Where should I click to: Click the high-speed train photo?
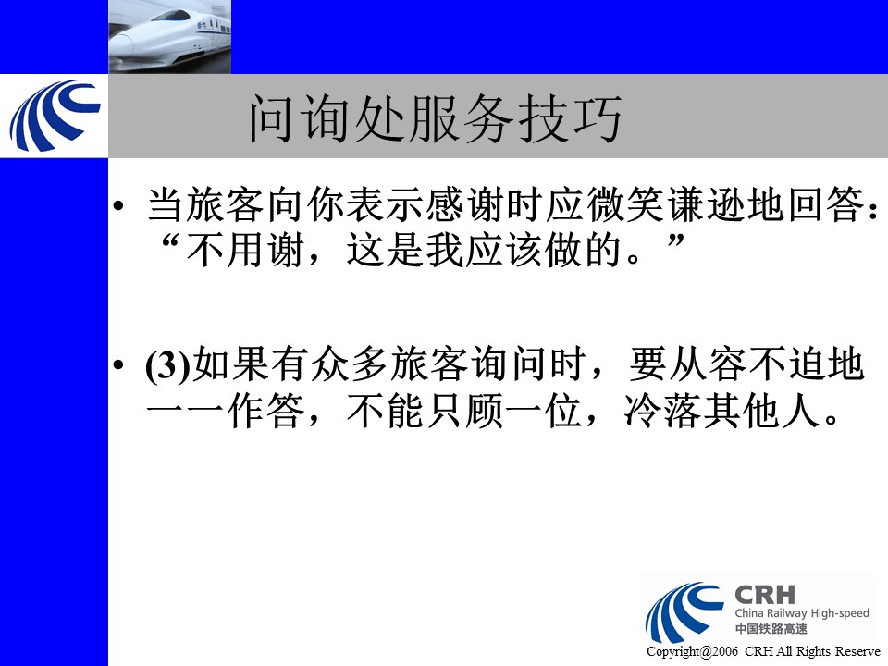(x=170, y=37)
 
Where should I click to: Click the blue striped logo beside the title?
(x=55, y=116)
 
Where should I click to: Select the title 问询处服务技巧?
(x=436, y=118)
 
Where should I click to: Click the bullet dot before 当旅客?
(x=117, y=206)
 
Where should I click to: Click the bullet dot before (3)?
(x=117, y=365)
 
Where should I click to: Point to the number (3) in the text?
(x=168, y=366)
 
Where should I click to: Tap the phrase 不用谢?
(x=244, y=250)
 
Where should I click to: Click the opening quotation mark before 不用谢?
(x=170, y=241)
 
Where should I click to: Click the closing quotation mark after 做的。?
(x=675, y=241)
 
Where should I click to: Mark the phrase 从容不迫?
(x=746, y=365)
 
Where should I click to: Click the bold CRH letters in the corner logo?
(x=765, y=595)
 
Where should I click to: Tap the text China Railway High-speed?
(x=802, y=612)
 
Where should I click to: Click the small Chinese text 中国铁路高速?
(x=771, y=629)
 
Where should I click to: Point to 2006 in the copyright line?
(x=725, y=651)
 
